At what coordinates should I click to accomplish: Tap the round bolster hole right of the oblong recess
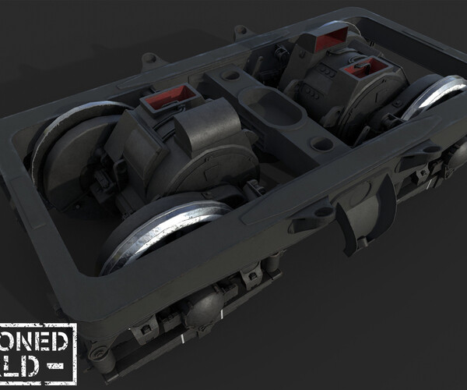tap(321, 144)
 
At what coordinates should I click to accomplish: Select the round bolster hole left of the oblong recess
tap(231, 76)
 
